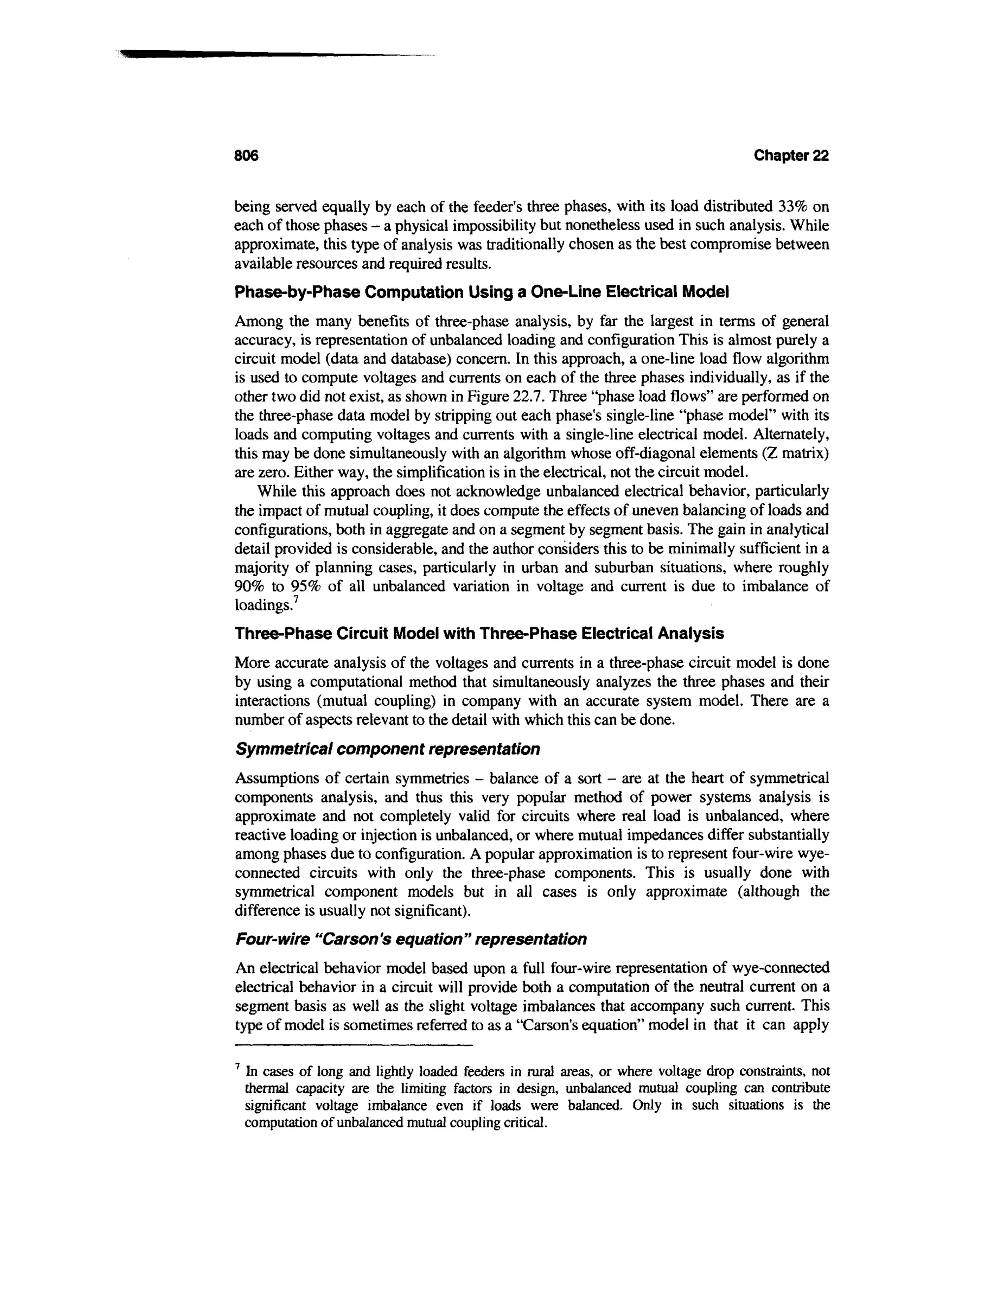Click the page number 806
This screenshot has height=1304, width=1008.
point(246,156)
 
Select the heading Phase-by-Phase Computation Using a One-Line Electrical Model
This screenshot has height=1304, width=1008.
point(482,293)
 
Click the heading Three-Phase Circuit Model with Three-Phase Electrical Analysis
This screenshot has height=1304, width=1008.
point(479,633)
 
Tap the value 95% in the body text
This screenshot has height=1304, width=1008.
point(309,587)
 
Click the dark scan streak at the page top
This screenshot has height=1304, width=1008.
point(239,55)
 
